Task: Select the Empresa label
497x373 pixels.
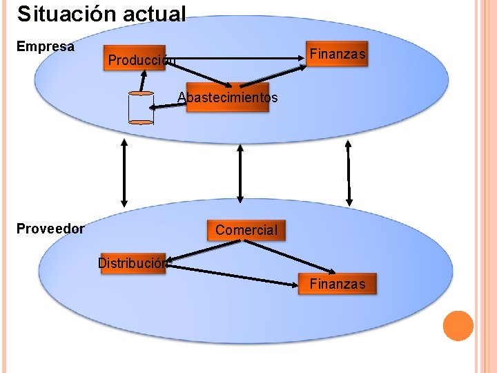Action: pyautogui.click(x=45, y=47)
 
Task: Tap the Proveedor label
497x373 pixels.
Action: pyautogui.click(x=50, y=229)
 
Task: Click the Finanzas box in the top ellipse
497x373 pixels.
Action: pyautogui.click(x=338, y=54)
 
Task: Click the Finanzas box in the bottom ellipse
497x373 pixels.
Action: pyautogui.click(x=338, y=283)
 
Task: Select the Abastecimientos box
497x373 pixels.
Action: pyautogui.click(x=228, y=97)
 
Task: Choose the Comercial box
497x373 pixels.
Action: pyautogui.click(x=246, y=229)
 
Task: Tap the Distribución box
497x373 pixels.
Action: pyautogui.click(x=133, y=262)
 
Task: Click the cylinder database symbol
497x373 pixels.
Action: pyautogui.click(x=141, y=107)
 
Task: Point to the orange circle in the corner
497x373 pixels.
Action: pyautogui.click(x=458, y=325)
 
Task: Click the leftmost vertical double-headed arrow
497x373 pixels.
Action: pyautogui.click(x=124, y=173)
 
